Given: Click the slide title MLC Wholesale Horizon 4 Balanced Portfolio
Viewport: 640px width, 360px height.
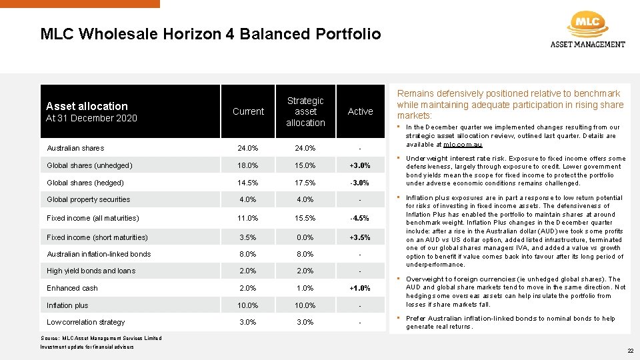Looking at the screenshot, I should pos(211,34).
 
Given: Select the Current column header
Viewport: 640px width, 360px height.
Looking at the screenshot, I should pos(248,111).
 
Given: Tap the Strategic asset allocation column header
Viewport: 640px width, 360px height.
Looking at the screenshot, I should pos(305,111).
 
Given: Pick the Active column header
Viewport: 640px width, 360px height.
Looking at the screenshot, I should pos(360,111).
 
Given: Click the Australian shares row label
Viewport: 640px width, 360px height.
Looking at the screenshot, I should pos(75,148).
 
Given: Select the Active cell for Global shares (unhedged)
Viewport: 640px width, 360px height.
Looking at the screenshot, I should pos(360,165).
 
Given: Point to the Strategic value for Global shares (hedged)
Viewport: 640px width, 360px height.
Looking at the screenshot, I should pos(305,183).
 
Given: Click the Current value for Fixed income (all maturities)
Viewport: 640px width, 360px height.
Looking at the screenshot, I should pos(248,218).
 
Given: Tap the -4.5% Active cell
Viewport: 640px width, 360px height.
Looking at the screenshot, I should pos(360,218).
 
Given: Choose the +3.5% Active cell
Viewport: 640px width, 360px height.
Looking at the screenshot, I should pos(360,237).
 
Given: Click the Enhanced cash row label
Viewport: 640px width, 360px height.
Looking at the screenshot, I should pos(72,288).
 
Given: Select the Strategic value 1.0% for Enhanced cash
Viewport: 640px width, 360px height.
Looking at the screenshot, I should pos(305,288).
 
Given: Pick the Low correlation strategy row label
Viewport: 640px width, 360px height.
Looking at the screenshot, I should pos(85,322).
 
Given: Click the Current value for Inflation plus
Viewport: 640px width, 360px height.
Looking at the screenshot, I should pos(248,305).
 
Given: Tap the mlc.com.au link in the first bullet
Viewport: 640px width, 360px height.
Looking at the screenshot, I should pos(463,145).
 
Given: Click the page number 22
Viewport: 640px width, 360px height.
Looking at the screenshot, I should pos(630,351).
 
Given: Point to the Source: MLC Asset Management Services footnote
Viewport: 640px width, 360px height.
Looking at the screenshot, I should pos(101,338).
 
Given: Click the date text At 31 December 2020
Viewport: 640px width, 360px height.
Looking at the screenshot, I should pos(91,118).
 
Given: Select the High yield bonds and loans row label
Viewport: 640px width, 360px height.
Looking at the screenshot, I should pos(91,271).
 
